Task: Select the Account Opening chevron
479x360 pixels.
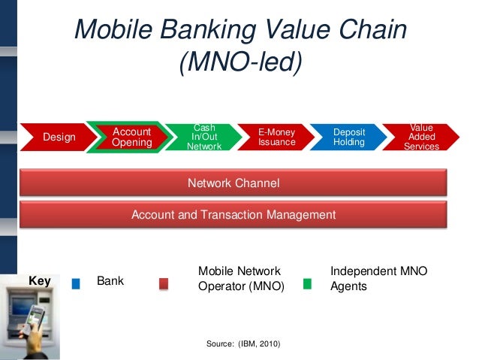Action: (131, 137)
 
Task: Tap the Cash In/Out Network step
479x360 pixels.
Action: (204, 137)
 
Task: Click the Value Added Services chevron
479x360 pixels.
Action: (421, 137)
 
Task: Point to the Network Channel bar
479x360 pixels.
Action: (233, 183)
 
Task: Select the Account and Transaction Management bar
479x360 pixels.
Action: (233, 215)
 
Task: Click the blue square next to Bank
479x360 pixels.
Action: (76, 283)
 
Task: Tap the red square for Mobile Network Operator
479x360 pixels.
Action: (164, 283)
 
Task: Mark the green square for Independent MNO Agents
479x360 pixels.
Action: (306, 283)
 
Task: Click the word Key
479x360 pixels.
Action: (39, 281)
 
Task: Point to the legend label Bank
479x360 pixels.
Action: (110, 282)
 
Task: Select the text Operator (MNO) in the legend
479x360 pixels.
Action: (241, 286)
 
